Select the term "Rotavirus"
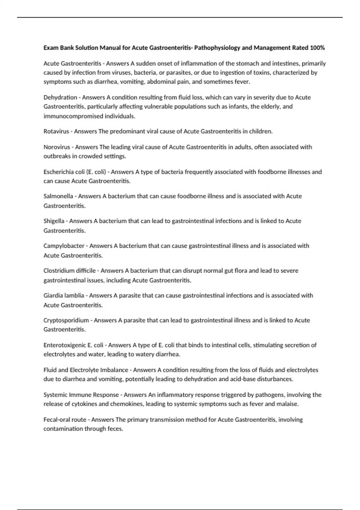(56, 131)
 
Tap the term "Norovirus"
(57, 147)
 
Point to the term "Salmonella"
(58, 196)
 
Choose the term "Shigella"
(54, 221)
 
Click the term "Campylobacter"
(64, 246)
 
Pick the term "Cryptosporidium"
(66, 320)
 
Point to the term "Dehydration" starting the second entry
(60, 97)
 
